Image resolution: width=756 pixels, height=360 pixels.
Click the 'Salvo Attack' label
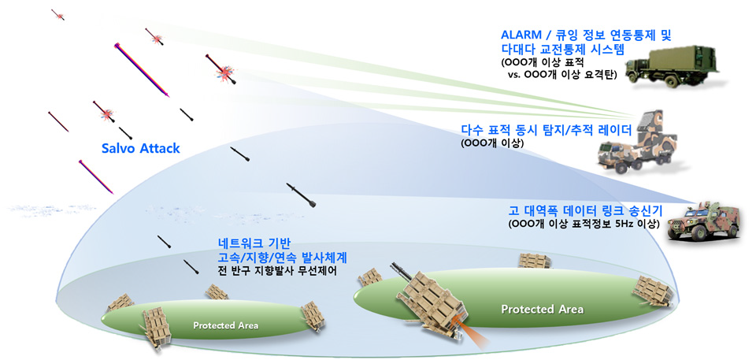click(141, 147)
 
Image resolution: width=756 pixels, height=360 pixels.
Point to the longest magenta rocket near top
click(142, 70)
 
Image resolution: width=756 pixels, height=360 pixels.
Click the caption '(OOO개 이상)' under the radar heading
click(489, 143)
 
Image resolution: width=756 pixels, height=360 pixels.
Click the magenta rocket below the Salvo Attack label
click(98, 177)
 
